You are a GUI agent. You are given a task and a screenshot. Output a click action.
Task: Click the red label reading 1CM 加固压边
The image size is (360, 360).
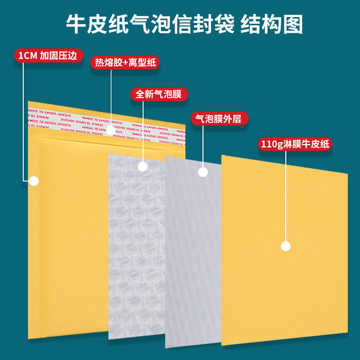pos(49,55)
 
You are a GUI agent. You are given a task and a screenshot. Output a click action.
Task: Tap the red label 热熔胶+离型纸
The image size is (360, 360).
pos(125,63)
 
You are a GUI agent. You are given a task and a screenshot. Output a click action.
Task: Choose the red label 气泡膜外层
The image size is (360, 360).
pos(220,118)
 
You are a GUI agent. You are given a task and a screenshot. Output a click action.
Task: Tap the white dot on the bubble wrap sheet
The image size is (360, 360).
pos(142,166)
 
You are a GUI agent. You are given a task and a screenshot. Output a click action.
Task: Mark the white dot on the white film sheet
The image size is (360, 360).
pos(203,171)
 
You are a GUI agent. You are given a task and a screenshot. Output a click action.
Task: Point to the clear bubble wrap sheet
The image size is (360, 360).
pos(135,252)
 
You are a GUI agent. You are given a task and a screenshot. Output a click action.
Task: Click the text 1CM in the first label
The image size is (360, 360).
pos(27,56)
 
